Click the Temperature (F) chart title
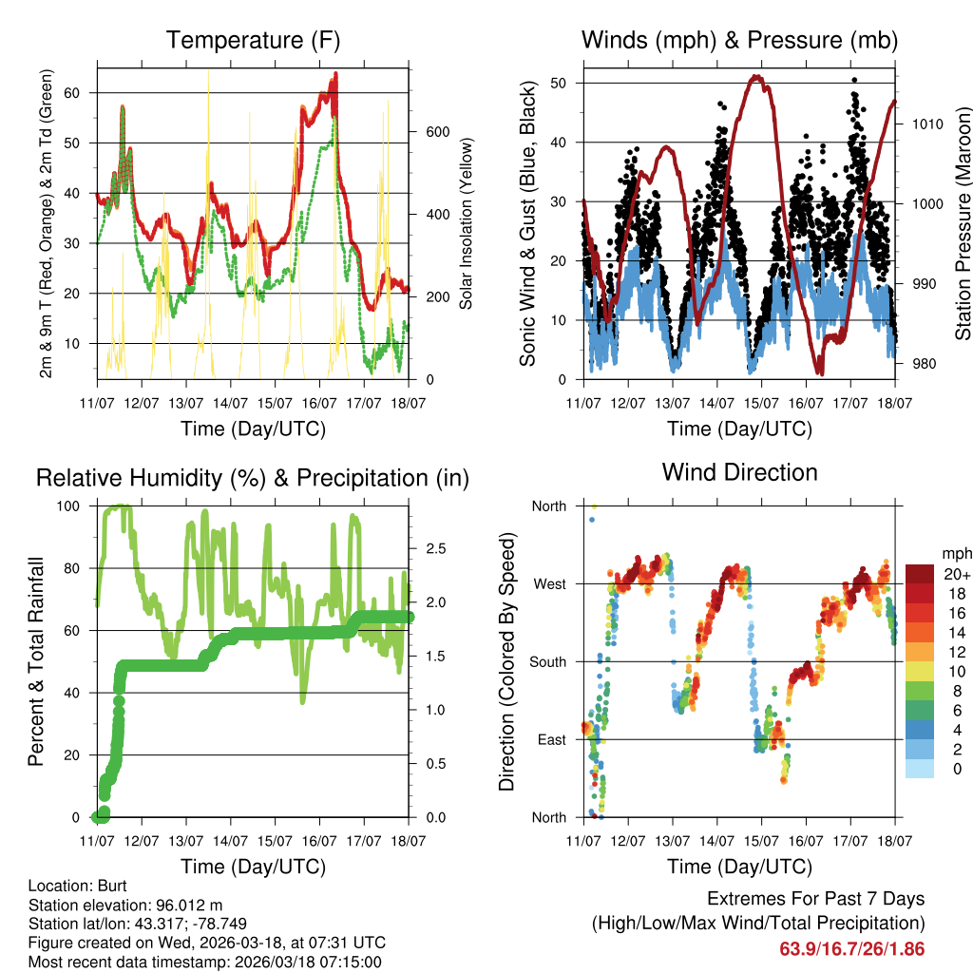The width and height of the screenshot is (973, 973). coord(253,40)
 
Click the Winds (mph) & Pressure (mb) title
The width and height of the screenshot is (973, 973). coord(739,40)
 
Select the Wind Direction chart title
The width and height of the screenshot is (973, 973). coord(739,472)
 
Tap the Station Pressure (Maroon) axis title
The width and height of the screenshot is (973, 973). coord(963,223)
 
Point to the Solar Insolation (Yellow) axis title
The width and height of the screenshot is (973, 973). coord(467,223)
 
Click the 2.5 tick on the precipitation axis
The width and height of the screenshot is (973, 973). coord(435,548)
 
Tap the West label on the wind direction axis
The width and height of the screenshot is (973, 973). coord(548,583)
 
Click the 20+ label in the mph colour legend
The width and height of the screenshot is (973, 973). coord(956,574)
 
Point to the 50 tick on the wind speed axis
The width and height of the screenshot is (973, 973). coord(559,83)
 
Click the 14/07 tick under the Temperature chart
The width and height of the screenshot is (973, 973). coord(229,403)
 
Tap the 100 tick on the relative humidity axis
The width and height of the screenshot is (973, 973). coord(69,506)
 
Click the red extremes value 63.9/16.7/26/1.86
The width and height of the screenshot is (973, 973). coord(851,948)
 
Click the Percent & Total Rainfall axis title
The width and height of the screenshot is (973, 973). coord(36,660)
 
